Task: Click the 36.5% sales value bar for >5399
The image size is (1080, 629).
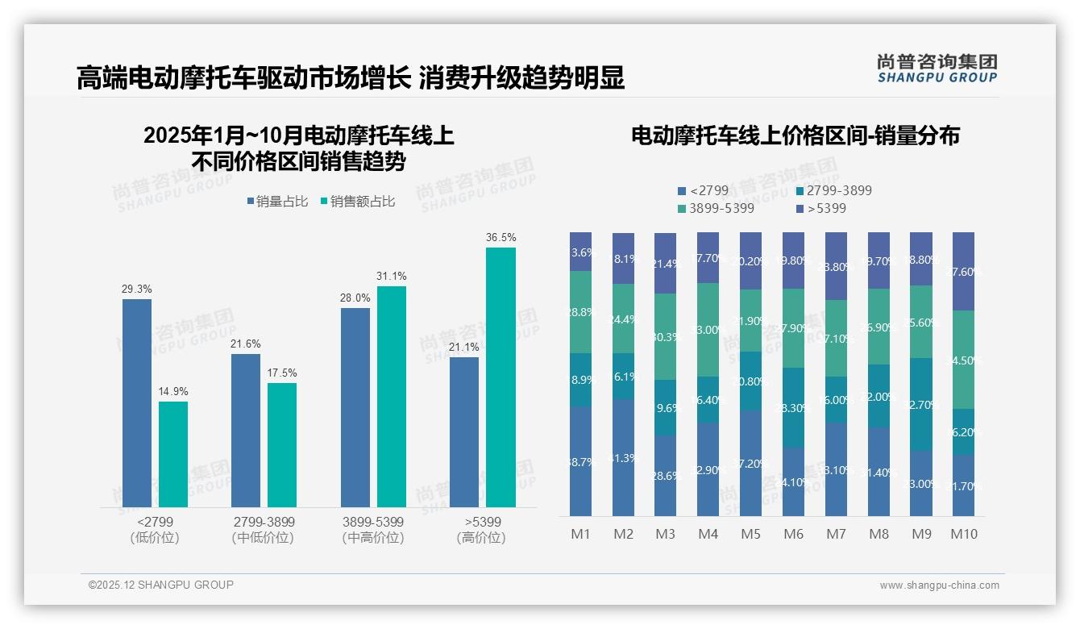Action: click(x=501, y=377)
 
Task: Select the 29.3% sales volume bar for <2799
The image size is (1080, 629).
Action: click(x=137, y=403)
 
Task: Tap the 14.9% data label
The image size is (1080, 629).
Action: click(x=172, y=392)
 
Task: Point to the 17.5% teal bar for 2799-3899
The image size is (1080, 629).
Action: click(x=282, y=445)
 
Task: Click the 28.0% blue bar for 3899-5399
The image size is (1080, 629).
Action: click(x=355, y=407)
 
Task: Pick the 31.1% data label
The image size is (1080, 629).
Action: click(x=391, y=277)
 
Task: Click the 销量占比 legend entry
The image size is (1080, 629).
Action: click(x=277, y=202)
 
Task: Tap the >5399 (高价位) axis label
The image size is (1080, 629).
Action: click(x=482, y=530)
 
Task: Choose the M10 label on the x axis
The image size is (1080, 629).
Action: click(x=964, y=534)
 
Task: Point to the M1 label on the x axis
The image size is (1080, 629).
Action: click(x=580, y=534)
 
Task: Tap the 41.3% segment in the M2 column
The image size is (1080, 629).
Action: click(x=623, y=457)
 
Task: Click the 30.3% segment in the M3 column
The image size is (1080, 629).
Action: click(x=665, y=336)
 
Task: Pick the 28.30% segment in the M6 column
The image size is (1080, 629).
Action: click(x=794, y=408)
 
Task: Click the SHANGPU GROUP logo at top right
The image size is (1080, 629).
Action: click(x=937, y=69)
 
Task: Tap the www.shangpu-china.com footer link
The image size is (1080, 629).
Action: click(x=939, y=585)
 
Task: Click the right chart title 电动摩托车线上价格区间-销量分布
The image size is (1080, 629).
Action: click(x=795, y=135)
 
